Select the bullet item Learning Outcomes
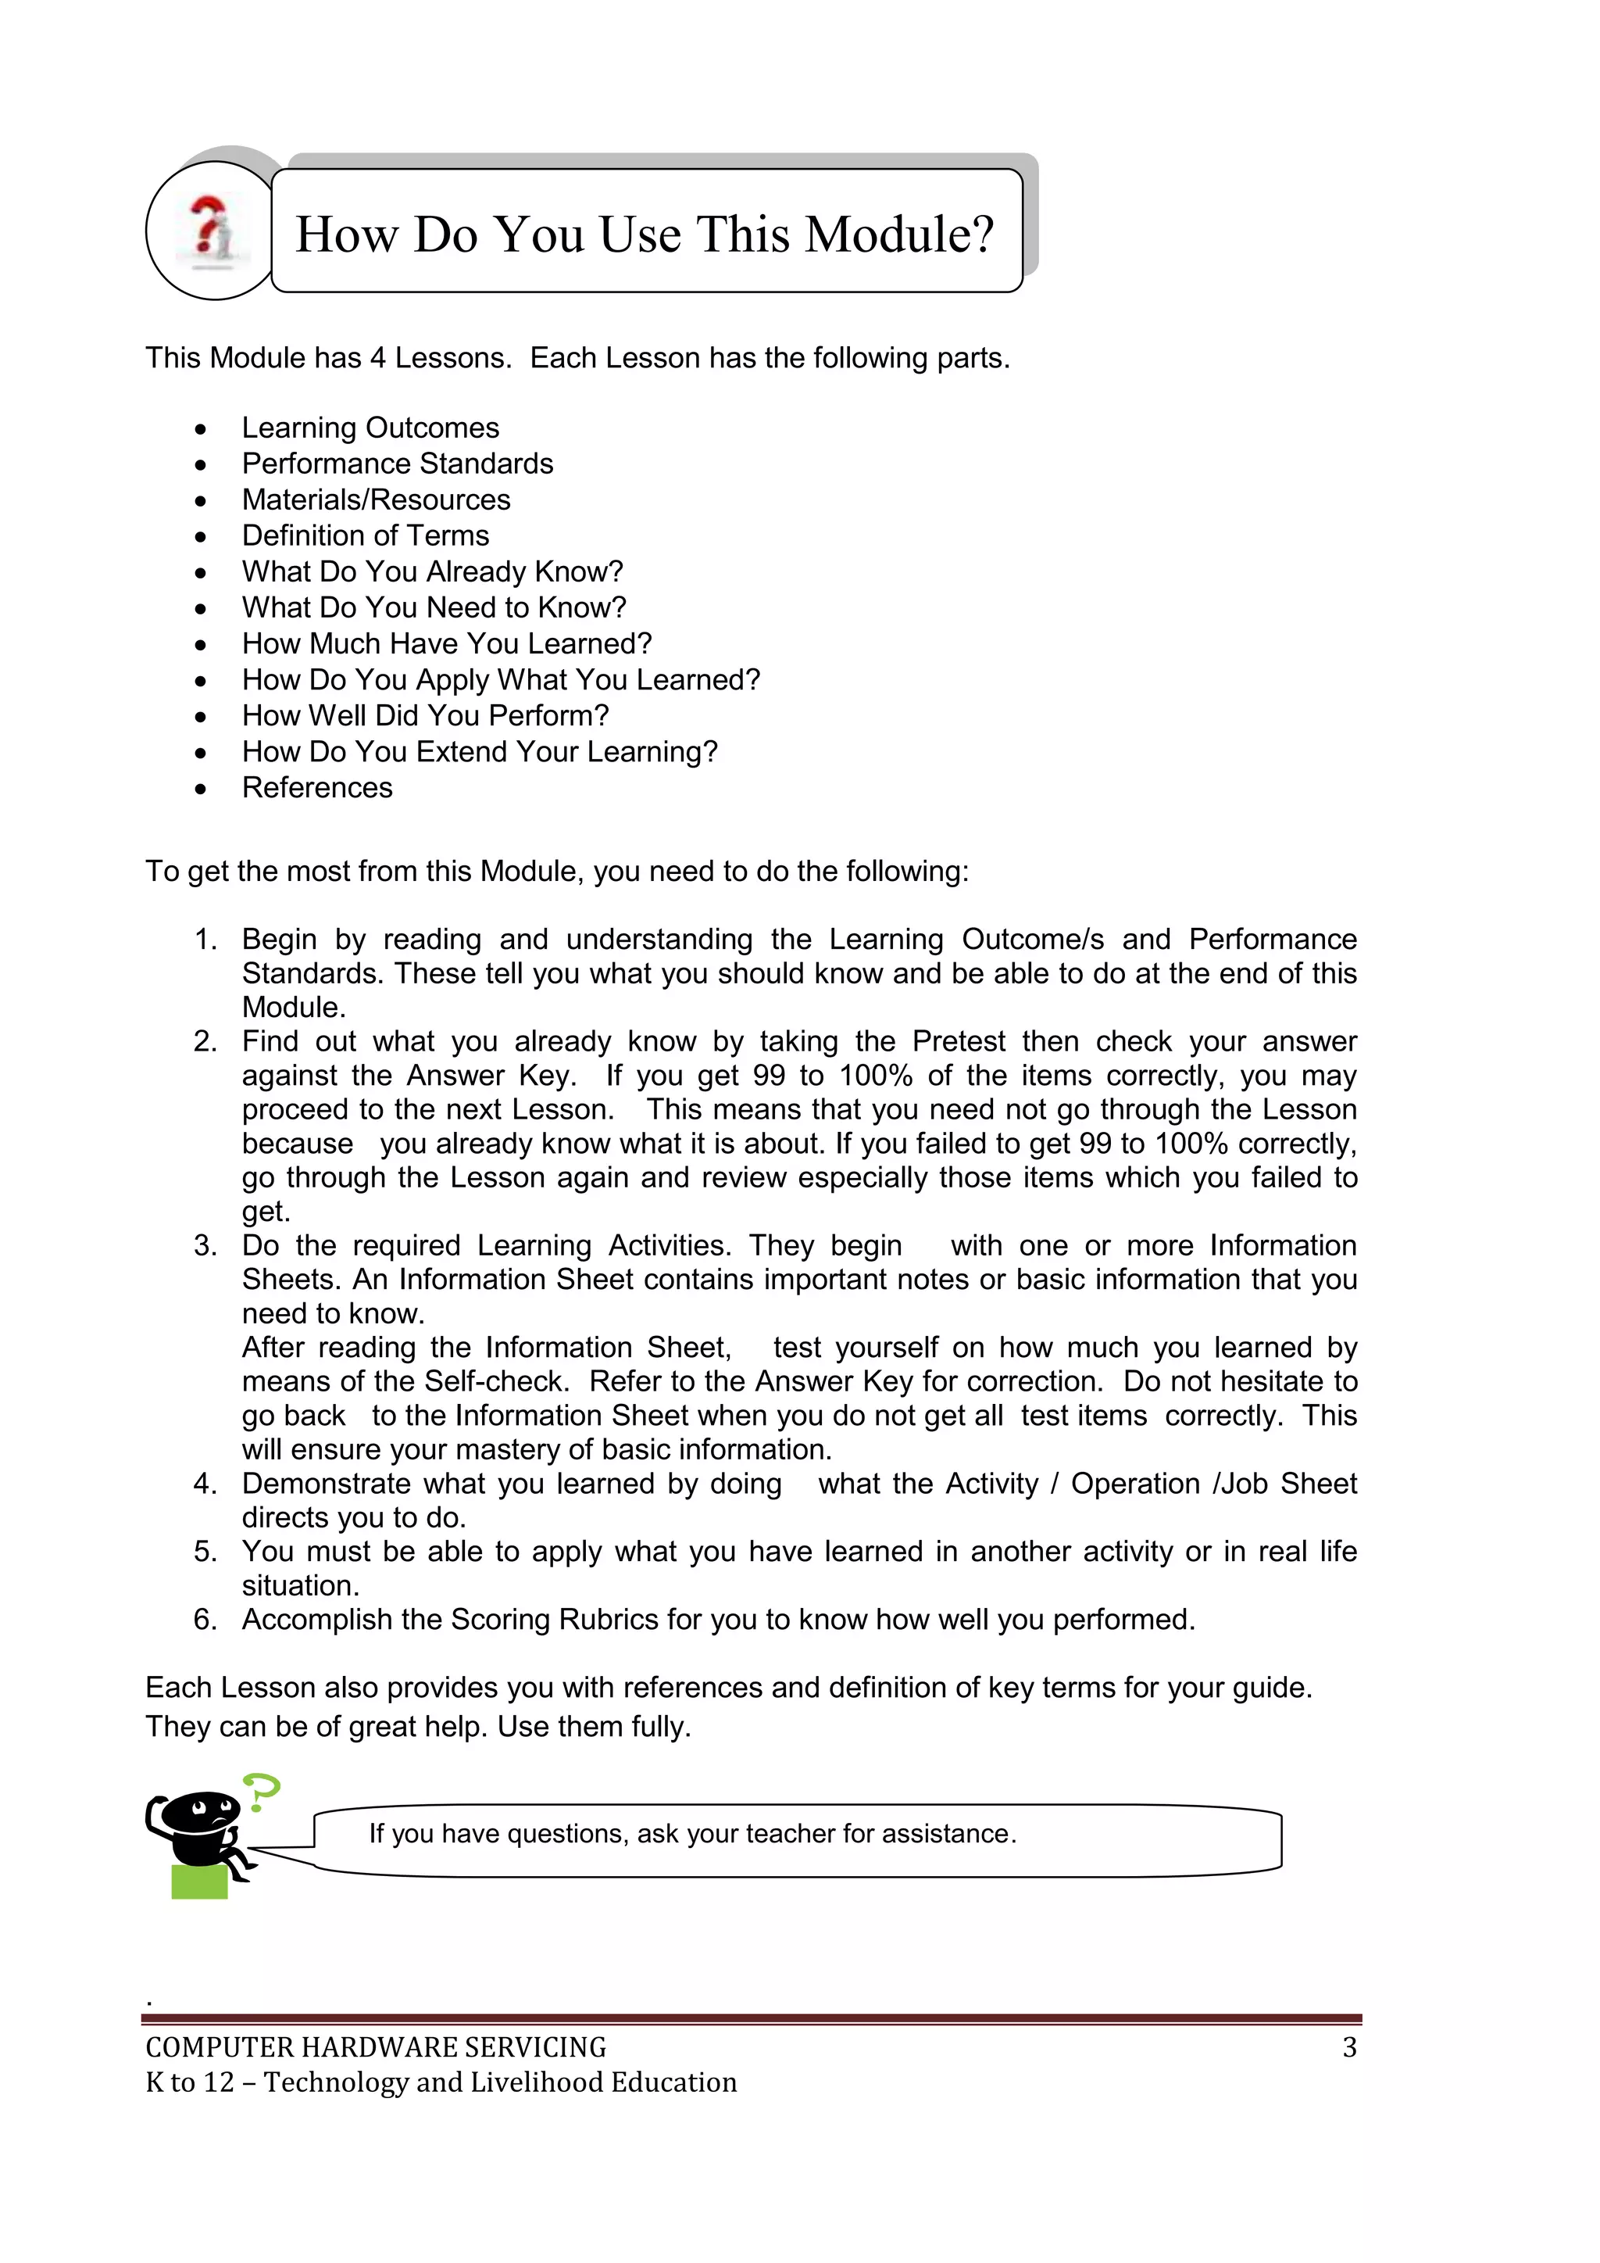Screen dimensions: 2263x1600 click(x=370, y=428)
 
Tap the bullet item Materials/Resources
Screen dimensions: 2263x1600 click(x=377, y=500)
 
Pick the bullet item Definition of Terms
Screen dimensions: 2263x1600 click(x=366, y=535)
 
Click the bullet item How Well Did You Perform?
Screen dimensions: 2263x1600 click(x=426, y=715)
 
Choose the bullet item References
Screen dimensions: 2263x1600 click(x=317, y=787)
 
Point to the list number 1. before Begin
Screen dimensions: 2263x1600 click(x=205, y=940)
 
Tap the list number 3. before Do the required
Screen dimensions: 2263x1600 click(x=205, y=1246)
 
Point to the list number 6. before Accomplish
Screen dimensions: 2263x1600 click(x=205, y=1620)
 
